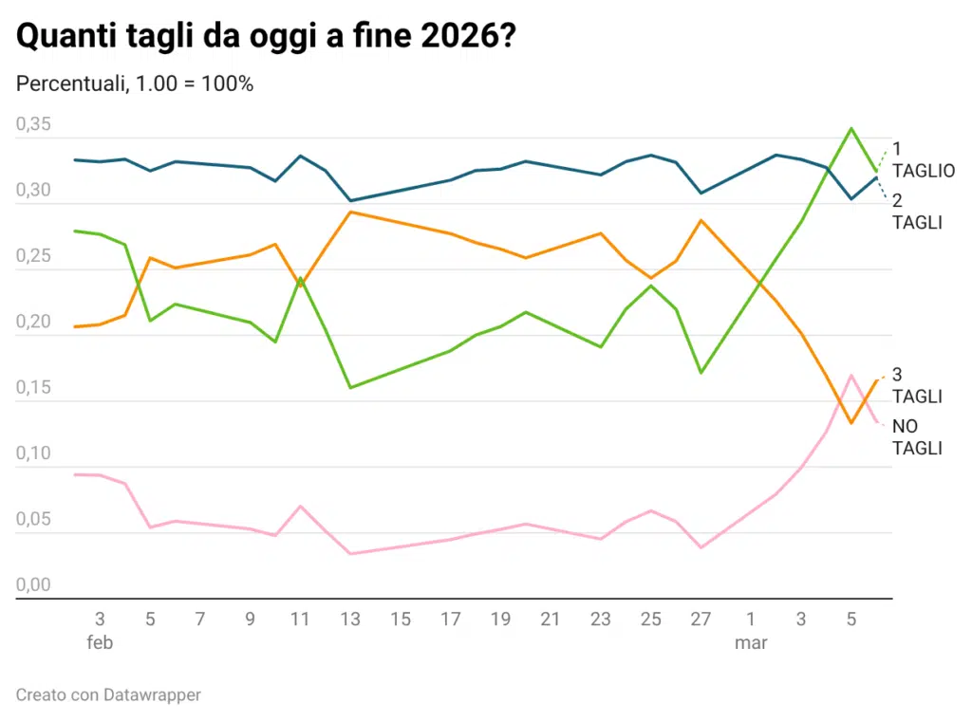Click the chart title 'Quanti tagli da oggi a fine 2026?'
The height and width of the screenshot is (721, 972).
[x=268, y=38]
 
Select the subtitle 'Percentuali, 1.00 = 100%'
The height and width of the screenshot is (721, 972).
[x=135, y=83]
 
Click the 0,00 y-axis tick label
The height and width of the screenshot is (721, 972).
[x=34, y=585]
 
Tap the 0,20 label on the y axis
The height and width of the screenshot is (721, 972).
[x=34, y=322]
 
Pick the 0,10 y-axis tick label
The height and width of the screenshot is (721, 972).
[x=34, y=453]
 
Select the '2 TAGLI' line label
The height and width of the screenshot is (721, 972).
[x=916, y=212]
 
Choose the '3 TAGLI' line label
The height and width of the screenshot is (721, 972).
[x=916, y=385]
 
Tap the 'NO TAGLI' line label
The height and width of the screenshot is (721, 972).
[x=917, y=437]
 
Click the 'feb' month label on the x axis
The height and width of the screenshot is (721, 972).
[x=100, y=642]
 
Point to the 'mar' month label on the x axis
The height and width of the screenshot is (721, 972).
[x=751, y=642]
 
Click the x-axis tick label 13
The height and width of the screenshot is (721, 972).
[x=350, y=619]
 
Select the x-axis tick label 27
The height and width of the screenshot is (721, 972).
[x=701, y=619]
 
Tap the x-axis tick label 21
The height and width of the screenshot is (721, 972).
[x=550, y=619]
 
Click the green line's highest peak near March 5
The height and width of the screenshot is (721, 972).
[x=851, y=128]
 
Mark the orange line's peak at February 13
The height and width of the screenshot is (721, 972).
[x=350, y=212]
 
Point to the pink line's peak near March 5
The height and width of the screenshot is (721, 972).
[x=851, y=376]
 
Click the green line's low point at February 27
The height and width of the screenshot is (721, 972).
[x=701, y=373]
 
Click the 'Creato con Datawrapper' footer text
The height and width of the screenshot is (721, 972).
[x=109, y=695]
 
